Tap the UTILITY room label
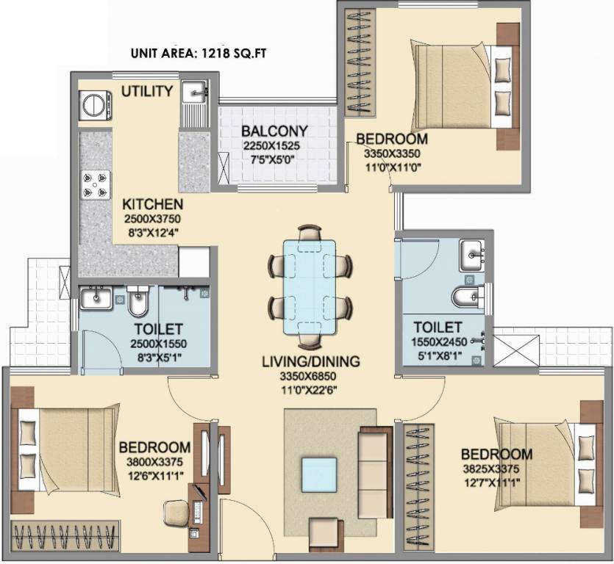coord(147,92)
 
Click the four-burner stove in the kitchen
coord(96,186)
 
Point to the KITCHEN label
coord(153,204)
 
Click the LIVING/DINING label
coord(312,361)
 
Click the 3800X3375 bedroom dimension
coord(155,462)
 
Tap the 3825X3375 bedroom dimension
coord(496,468)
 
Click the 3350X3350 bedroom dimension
coord(391,154)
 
